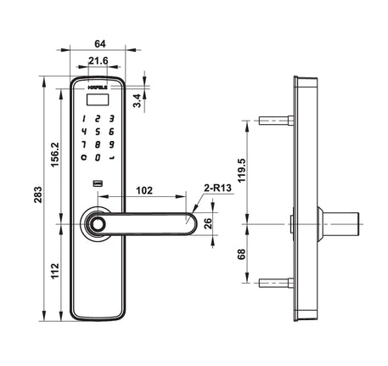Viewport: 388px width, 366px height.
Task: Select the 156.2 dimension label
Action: (53, 155)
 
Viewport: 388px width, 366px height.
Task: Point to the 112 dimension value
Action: (53, 272)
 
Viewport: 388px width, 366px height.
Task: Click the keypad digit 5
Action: (98, 132)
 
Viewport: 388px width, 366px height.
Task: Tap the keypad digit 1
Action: (85, 119)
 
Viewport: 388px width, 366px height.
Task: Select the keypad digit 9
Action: (111, 144)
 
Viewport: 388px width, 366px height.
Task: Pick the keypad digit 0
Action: (98, 157)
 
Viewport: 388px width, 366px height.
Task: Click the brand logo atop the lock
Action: (98, 87)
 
